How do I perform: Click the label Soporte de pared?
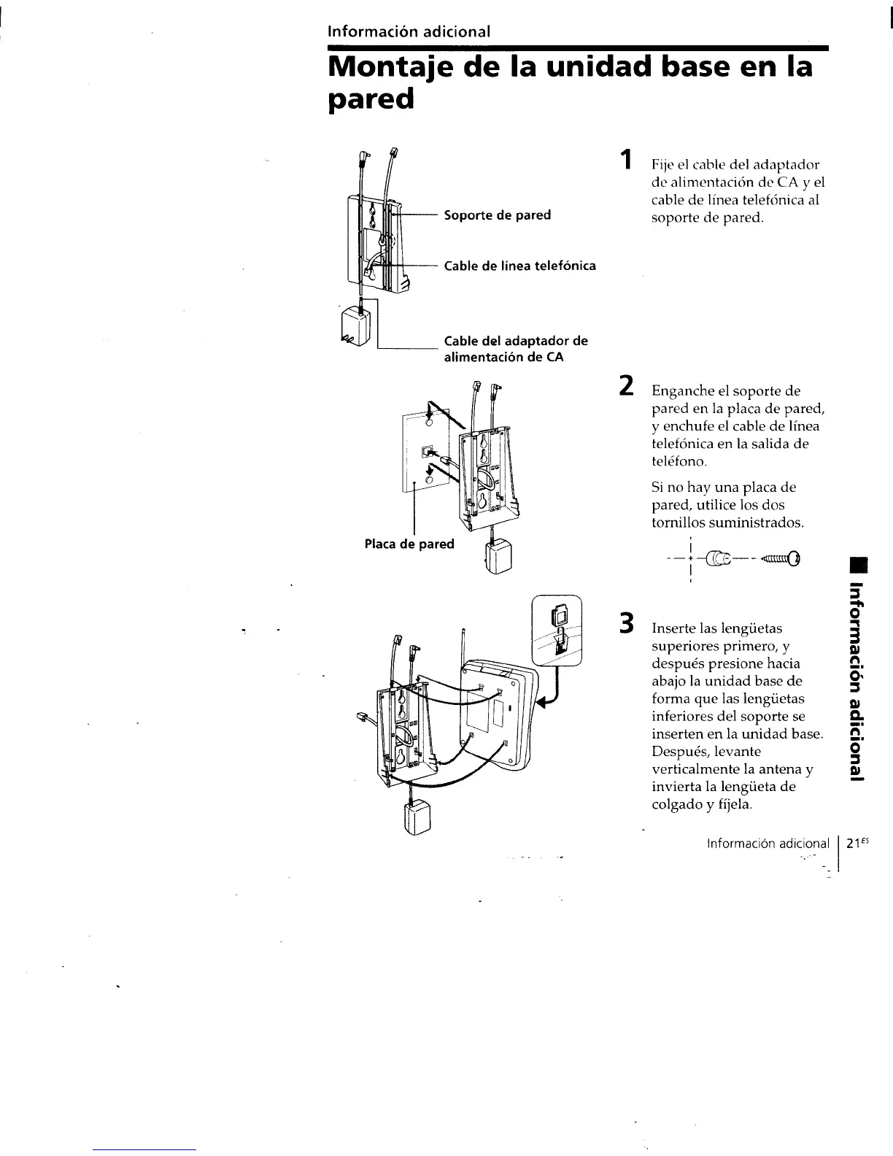[x=497, y=215]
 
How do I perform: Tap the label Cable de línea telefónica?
[x=519, y=266]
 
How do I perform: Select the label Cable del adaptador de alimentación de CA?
[x=516, y=349]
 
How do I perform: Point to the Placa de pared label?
[x=409, y=544]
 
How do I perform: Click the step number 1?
[x=624, y=160]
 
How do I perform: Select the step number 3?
[x=625, y=625]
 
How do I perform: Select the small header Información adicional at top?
[x=409, y=32]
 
